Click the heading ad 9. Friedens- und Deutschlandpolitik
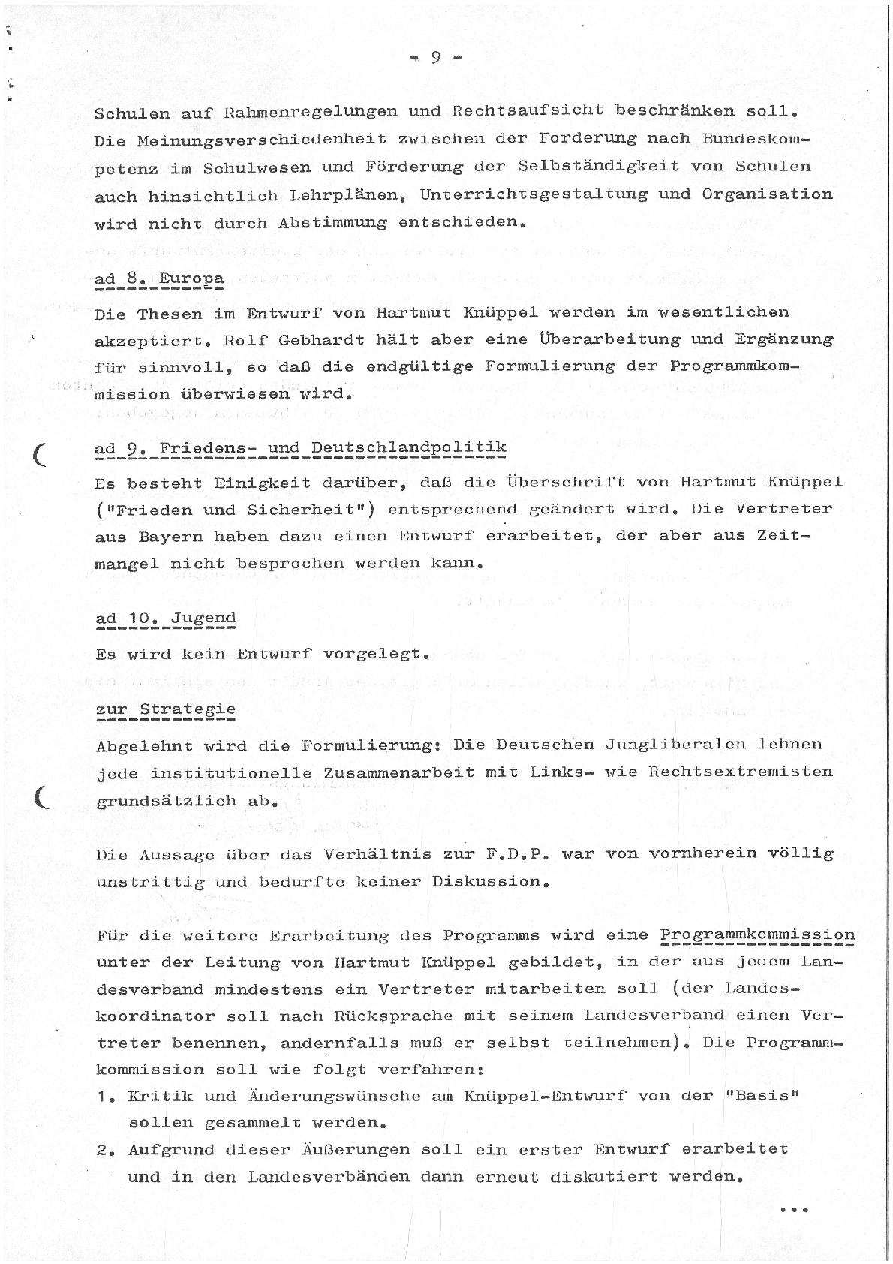[x=300, y=449]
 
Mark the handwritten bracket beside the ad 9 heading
[x=41, y=454]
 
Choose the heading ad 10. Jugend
[x=165, y=619]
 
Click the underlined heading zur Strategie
[x=165, y=709]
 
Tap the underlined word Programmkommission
[x=757, y=936]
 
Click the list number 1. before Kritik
[x=105, y=1097]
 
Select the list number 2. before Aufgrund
[x=105, y=1151]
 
